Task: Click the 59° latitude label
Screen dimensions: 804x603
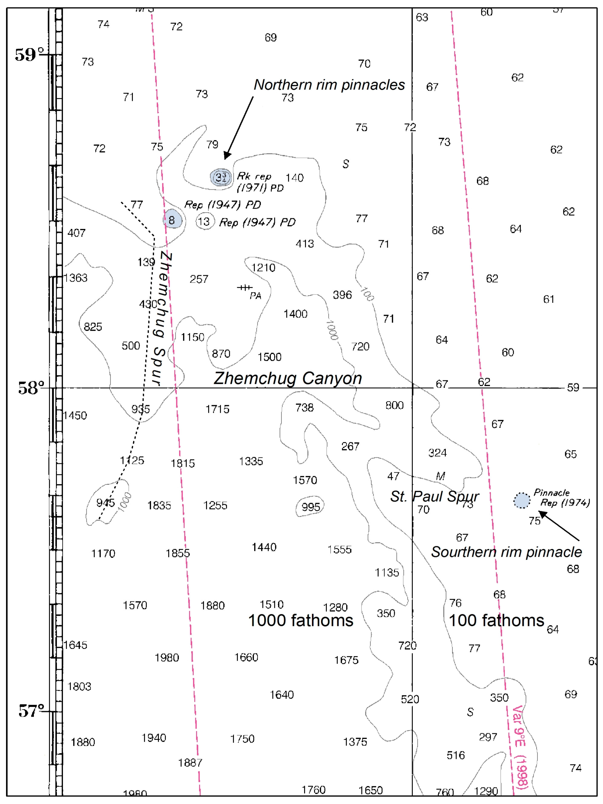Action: pyautogui.click(x=29, y=55)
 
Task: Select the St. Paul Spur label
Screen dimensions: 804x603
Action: pyautogui.click(x=434, y=496)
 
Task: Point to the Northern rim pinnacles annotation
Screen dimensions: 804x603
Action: pyautogui.click(x=329, y=85)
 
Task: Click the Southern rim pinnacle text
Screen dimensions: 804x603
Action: pyautogui.click(x=506, y=552)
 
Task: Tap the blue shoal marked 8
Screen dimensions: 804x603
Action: pyautogui.click(x=172, y=219)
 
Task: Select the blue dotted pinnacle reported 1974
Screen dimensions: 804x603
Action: pyautogui.click(x=522, y=500)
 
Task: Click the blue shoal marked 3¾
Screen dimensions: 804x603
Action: pyautogui.click(x=221, y=177)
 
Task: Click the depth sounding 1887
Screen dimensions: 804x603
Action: pyautogui.click(x=190, y=762)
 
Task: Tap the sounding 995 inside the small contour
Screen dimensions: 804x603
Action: pyautogui.click(x=310, y=507)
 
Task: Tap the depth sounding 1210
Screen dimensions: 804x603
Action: pyautogui.click(x=263, y=268)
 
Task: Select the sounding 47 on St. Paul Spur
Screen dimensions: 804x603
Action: pyautogui.click(x=393, y=476)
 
